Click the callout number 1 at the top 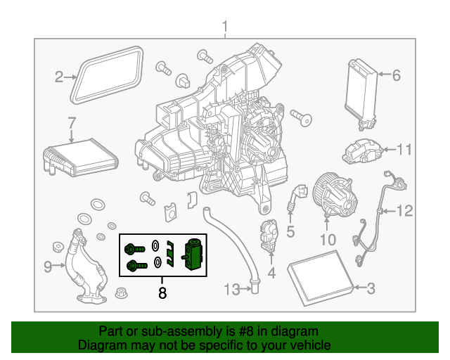(225, 28)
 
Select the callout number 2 (60, 77)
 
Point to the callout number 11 (404, 150)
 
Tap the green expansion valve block (193, 253)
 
